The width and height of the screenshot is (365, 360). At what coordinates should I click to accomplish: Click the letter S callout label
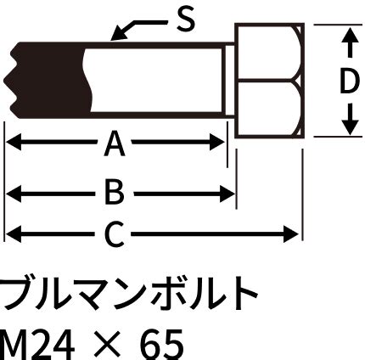click(186, 19)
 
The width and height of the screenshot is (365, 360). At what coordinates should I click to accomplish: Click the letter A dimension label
click(115, 145)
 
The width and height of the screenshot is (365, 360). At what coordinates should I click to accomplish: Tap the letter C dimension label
click(114, 234)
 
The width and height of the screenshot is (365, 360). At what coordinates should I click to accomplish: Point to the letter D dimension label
click(349, 82)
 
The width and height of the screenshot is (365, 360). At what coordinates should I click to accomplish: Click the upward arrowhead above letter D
click(351, 35)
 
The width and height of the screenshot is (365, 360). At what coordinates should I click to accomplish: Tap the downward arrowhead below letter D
click(351, 127)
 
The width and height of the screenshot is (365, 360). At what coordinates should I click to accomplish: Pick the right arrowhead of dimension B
click(227, 194)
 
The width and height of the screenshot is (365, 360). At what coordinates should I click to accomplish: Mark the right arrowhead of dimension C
click(291, 234)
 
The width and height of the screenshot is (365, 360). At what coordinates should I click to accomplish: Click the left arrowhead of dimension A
click(14, 142)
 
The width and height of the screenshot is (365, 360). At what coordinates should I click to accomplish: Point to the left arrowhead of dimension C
click(14, 234)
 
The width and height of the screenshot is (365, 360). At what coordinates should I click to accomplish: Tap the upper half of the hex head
click(267, 52)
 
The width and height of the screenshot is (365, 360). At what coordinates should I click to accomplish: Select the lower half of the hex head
click(267, 109)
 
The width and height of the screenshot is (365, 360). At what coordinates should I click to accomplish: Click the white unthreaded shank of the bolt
click(155, 80)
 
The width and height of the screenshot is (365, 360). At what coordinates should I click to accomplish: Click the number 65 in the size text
click(162, 345)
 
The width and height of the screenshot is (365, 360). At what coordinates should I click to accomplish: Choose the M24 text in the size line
click(36, 345)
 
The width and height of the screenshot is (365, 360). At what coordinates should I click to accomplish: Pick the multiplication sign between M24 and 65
click(108, 346)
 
